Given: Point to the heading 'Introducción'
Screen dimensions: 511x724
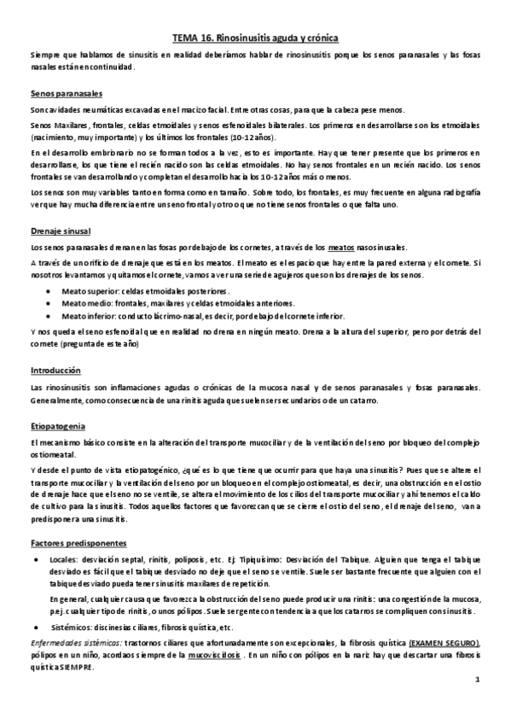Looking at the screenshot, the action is click(x=55, y=371).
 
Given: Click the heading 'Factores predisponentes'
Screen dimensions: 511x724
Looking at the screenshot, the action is click(x=78, y=543).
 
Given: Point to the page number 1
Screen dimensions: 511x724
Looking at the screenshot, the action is click(x=479, y=704).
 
